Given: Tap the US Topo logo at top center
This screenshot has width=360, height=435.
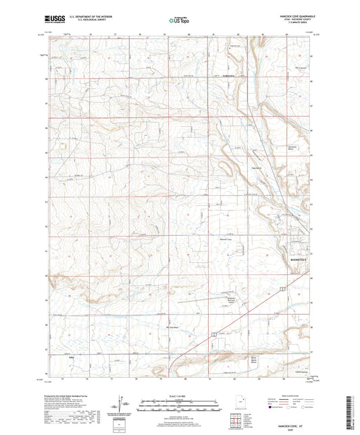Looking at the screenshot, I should (x=180, y=21).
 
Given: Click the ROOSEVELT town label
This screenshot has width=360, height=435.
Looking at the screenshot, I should (x=300, y=259).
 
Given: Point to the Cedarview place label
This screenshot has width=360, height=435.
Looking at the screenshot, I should (x=231, y=76).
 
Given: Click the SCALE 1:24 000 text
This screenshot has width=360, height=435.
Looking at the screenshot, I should (x=180, y=396).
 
